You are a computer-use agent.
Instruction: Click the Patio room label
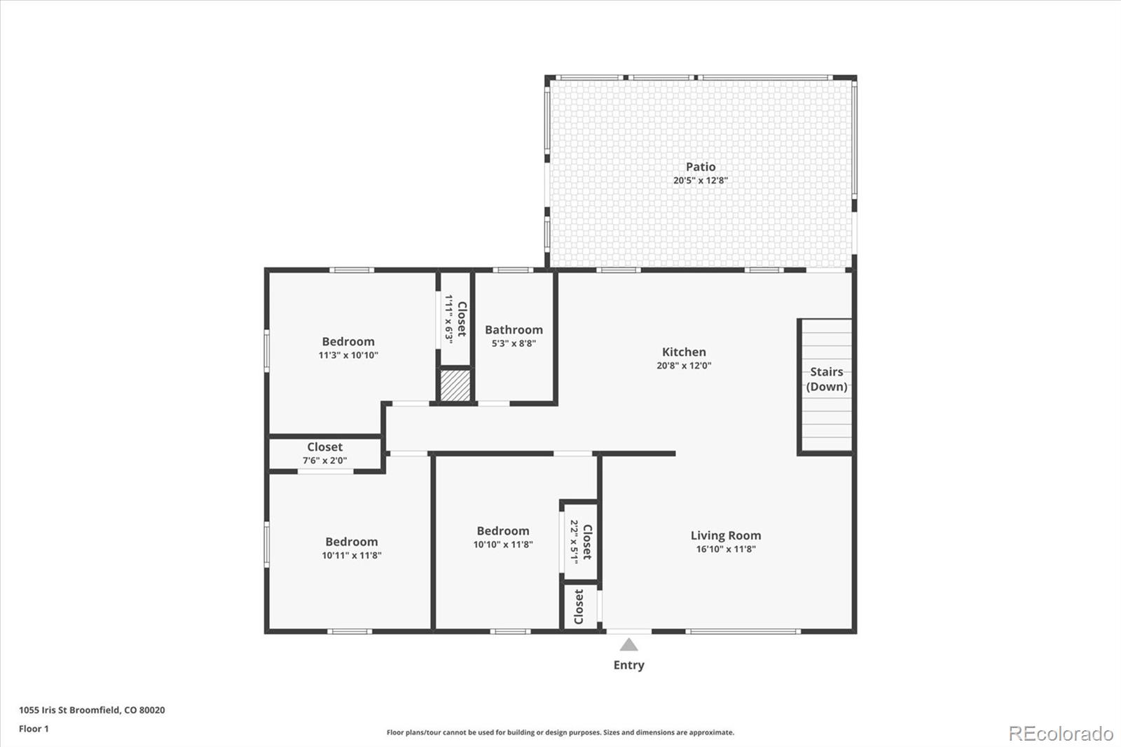pyautogui.click(x=701, y=167)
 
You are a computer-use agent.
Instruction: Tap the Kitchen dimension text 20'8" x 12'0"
pyautogui.click(x=684, y=365)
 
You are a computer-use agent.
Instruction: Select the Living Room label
pyautogui.click(x=726, y=535)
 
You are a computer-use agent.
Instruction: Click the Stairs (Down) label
pyautogui.click(x=827, y=379)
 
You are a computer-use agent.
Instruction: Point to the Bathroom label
pyautogui.click(x=514, y=329)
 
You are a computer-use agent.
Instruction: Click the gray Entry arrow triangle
pyautogui.click(x=628, y=645)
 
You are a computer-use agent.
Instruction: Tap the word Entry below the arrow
pyautogui.click(x=628, y=665)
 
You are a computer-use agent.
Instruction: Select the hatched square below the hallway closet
pyautogui.click(x=455, y=386)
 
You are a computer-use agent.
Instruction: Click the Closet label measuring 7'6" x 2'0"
pyautogui.click(x=324, y=447)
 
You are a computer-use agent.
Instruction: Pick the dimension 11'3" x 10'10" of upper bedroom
pyautogui.click(x=348, y=355)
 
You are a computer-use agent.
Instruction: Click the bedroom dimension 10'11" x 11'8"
pyautogui.click(x=351, y=555)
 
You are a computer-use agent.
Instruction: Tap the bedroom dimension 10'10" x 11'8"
pyautogui.click(x=502, y=544)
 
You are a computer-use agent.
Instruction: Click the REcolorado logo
pyautogui.click(x=1060, y=734)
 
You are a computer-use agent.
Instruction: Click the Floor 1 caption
pyautogui.click(x=34, y=729)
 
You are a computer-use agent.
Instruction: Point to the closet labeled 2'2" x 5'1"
pyautogui.click(x=581, y=541)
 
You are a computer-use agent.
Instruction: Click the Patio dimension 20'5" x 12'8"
pyautogui.click(x=701, y=180)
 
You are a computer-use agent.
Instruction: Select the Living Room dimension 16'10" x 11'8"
pyautogui.click(x=726, y=549)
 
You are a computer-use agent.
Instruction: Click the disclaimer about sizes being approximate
pyautogui.click(x=560, y=732)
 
